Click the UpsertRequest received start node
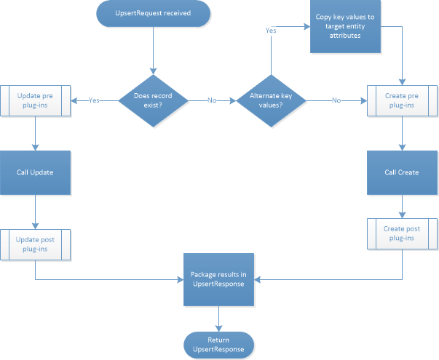coord(153,12)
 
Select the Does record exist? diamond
coord(153,100)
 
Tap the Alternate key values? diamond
coord(271,100)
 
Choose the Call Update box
coord(36,173)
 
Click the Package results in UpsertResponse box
coord(218,279)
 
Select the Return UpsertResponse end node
coord(218,346)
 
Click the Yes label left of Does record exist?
coord(94,100)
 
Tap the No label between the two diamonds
coord(212,100)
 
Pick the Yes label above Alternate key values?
coord(271,31)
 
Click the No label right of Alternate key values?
coord(336,100)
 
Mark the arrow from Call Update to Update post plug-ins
coord(36,211)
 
